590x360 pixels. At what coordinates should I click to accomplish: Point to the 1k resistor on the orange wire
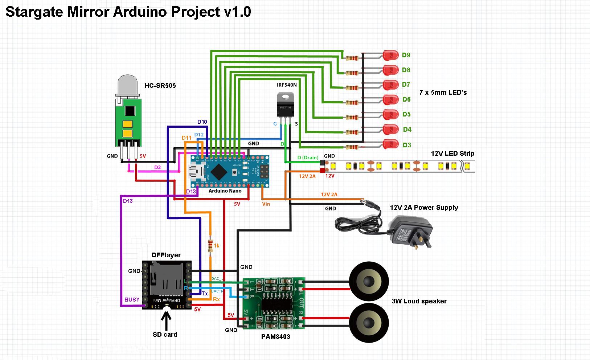pyautogui.click(x=210, y=246)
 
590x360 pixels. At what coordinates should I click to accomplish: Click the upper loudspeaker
pyautogui.click(x=368, y=282)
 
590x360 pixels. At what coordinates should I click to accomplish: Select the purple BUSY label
pyautogui.click(x=132, y=299)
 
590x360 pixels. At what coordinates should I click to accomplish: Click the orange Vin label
pyautogui.click(x=266, y=204)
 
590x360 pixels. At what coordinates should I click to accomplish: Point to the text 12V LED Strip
pyautogui.click(x=452, y=153)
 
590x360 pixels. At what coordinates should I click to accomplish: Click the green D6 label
pyautogui.click(x=406, y=99)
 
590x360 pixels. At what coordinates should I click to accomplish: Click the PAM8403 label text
pyautogui.click(x=275, y=336)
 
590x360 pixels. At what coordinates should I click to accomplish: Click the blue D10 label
pyautogui.click(x=202, y=122)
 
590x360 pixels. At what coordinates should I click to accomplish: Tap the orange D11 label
pyautogui.click(x=187, y=138)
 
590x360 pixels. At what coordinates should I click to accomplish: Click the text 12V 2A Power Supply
pyautogui.click(x=424, y=208)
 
